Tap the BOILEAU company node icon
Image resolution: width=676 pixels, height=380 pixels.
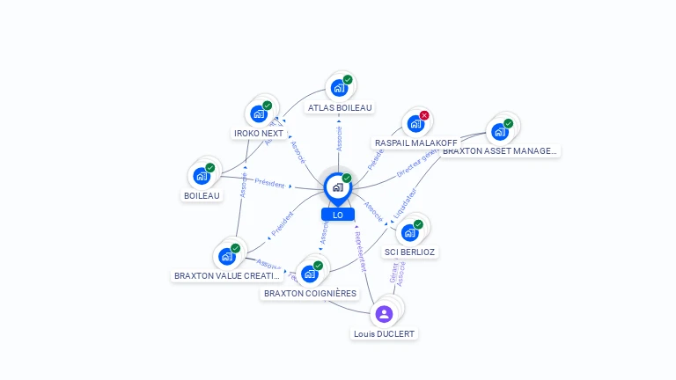point(202,175)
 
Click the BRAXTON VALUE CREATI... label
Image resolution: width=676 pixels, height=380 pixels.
point(227,275)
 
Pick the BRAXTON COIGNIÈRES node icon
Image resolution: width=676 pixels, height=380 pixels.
point(309,273)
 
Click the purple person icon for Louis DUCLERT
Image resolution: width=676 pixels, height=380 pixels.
point(384,313)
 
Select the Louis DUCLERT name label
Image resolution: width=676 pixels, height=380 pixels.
point(384,334)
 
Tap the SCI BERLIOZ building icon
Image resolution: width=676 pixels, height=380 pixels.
point(409,232)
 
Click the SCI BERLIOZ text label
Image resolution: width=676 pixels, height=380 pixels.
point(409,252)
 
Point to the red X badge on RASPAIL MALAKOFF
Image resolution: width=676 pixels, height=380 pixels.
point(424,115)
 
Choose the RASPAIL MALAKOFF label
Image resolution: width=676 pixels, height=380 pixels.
point(415,142)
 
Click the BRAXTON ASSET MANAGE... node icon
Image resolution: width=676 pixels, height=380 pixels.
point(500,132)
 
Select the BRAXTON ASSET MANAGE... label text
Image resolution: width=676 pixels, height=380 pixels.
point(500,151)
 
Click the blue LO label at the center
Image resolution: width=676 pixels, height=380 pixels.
point(337,215)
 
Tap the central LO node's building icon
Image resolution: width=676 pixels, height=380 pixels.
point(337,186)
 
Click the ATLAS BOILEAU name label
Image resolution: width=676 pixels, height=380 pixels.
point(340,108)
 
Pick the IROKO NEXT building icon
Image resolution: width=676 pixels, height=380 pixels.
point(258,113)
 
